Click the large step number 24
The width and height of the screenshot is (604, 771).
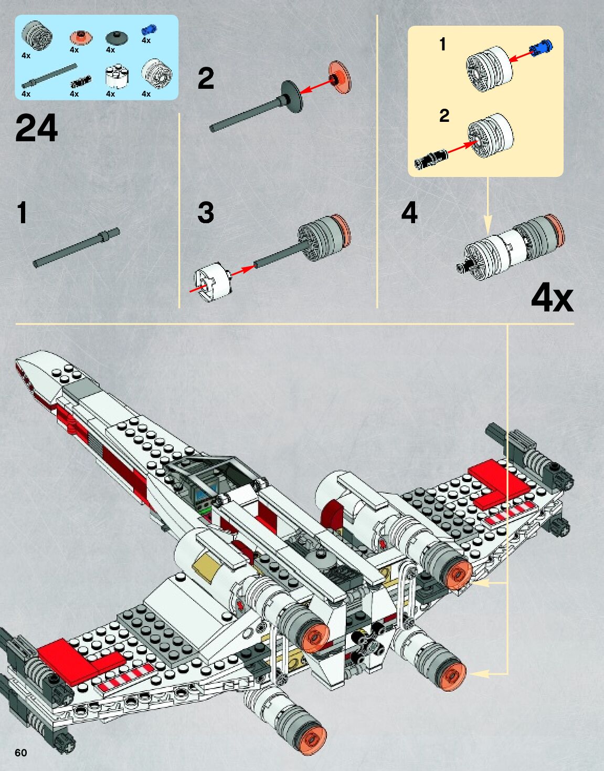click(x=36, y=129)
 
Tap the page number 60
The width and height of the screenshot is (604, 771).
click(x=20, y=753)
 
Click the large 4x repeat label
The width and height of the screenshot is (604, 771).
click(x=552, y=298)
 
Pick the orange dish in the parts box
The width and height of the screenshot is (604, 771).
click(x=81, y=37)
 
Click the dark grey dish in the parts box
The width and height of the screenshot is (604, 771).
click(x=116, y=37)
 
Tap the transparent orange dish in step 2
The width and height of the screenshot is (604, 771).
click(x=340, y=75)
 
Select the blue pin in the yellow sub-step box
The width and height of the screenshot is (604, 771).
click(x=542, y=48)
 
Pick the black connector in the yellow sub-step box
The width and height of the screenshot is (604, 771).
click(x=431, y=158)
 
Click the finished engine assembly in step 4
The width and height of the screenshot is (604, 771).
click(x=512, y=244)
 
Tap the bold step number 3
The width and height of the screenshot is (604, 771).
click(x=206, y=213)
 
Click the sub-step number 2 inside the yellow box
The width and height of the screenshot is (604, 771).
click(x=444, y=115)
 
